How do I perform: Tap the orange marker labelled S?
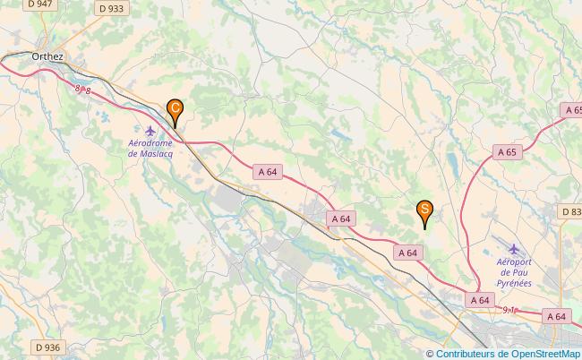[424, 211]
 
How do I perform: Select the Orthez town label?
[47, 56]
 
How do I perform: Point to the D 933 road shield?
[112, 8]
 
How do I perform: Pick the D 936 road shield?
[48, 347]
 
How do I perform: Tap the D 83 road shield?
[570, 211]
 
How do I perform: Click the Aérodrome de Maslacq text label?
[150, 148]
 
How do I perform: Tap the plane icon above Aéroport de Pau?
[514, 250]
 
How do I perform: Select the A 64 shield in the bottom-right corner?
[557, 316]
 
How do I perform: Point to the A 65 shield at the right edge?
[572, 109]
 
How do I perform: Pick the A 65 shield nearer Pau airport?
[507, 152]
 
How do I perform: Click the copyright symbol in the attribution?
[430, 354]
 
